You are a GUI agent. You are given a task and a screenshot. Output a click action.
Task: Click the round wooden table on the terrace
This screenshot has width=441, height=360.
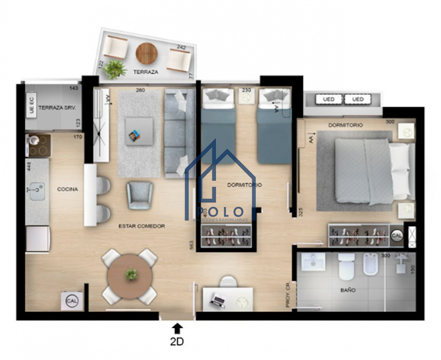pyautogui.click(x=146, y=54)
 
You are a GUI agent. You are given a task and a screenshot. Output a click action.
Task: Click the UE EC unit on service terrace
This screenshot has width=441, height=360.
pyautogui.click(x=32, y=105)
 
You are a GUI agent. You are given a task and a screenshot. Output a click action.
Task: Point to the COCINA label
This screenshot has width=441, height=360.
pyautogui.click(x=67, y=189)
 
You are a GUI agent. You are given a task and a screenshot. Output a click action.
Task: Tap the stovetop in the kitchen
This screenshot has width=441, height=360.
pyautogui.click(x=38, y=146)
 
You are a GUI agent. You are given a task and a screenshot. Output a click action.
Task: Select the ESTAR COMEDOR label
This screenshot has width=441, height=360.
pyautogui.click(x=142, y=226)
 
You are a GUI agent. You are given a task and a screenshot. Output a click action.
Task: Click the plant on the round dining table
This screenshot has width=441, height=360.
pyautogui.click(x=131, y=274)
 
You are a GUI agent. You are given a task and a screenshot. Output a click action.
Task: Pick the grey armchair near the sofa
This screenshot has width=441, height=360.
pyautogui.click(x=140, y=195)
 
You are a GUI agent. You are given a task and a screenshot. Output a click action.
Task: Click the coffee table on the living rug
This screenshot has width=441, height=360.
pyautogui.click(x=139, y=131)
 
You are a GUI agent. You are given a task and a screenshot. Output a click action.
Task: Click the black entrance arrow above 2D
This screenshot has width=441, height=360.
pyautogui.click(x=178, y=328)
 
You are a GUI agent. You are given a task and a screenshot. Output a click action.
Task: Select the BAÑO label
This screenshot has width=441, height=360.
pyautogui.click(x=348, y=290)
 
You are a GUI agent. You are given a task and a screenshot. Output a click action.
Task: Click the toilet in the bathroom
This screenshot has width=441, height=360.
pyautogui.click(x=346, y=266)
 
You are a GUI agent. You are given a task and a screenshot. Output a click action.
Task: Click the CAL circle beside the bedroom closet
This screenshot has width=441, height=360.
pyautogui.click(x=397, y=236)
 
